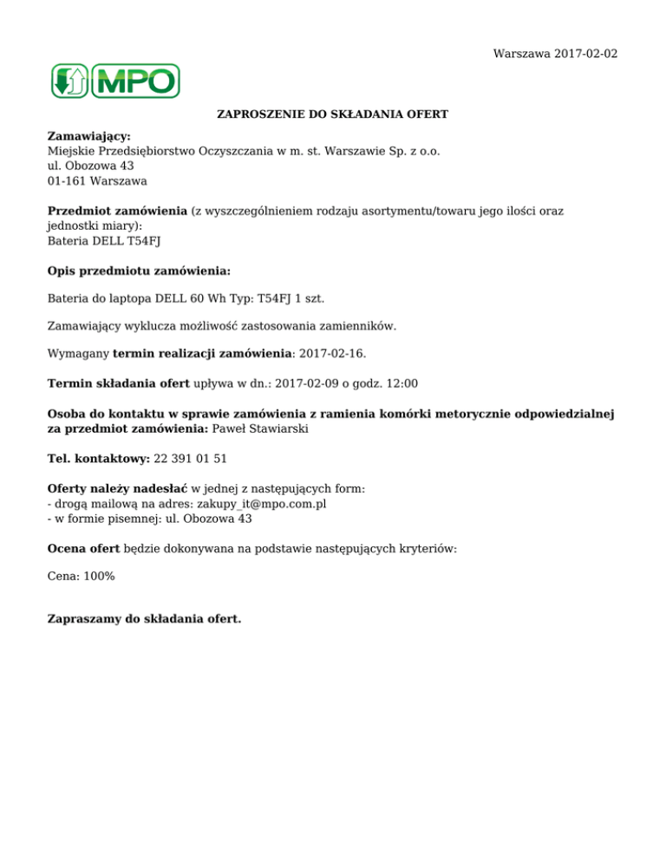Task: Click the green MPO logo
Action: point(114,81)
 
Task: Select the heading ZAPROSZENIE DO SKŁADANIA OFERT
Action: point(332,114)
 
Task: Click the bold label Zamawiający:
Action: point(88,137)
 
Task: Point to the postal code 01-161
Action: point(65,181)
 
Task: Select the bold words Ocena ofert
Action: point(83,549)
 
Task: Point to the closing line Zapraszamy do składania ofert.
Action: point(145,619)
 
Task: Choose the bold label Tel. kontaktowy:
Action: point(98,457)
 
